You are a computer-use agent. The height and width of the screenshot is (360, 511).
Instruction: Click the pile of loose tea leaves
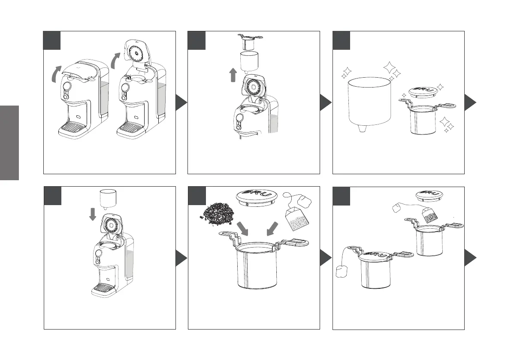tap(217, 213)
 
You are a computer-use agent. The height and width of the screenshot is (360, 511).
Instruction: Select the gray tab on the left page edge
tap(9, 142)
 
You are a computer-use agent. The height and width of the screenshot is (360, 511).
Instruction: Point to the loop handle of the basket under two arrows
tap(297, 243)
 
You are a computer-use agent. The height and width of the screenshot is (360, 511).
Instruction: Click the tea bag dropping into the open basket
tap(431, 215)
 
